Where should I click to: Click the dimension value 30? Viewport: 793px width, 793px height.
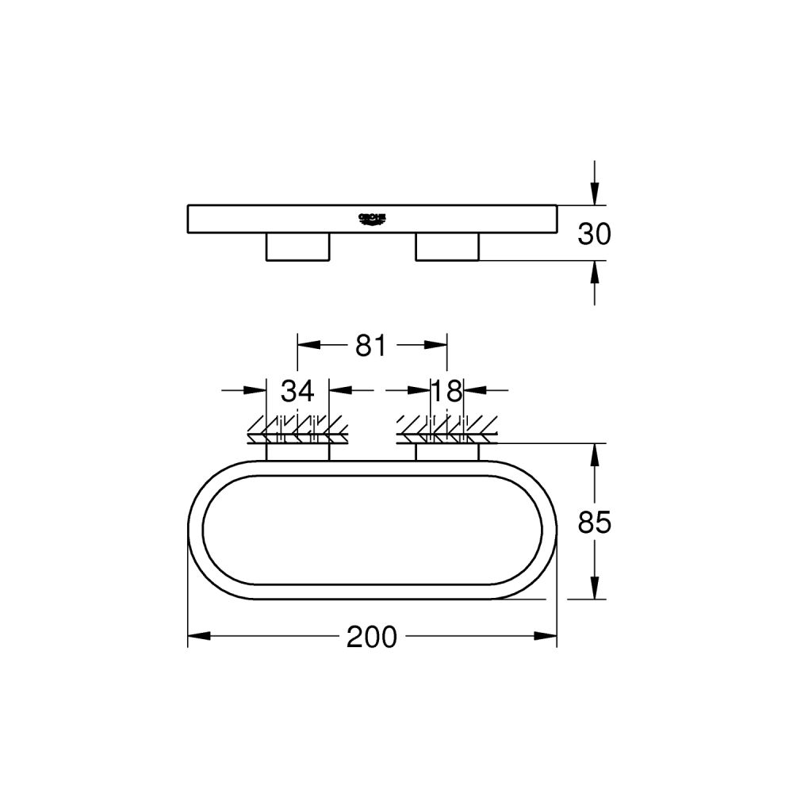(595, 234)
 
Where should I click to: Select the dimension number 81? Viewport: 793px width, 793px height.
(370, 346)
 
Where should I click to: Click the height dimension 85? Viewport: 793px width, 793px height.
(595, 523)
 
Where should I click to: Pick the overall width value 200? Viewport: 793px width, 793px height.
(371, 636)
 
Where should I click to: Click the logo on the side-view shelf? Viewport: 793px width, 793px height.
(371, 218)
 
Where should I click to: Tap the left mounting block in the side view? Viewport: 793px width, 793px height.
(297, 247)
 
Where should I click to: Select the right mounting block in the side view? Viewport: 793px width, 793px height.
(447, 247)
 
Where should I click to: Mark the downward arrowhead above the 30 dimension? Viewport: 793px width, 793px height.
(595, 194)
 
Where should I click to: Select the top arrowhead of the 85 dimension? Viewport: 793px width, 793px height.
(595, 454)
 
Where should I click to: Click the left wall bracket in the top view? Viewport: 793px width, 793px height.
(297, 451)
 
